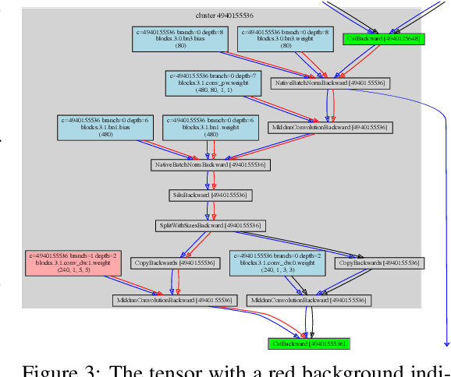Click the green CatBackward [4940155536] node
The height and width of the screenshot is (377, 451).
coord(307,343)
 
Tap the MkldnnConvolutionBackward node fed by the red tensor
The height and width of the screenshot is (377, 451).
coord(172,299)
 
